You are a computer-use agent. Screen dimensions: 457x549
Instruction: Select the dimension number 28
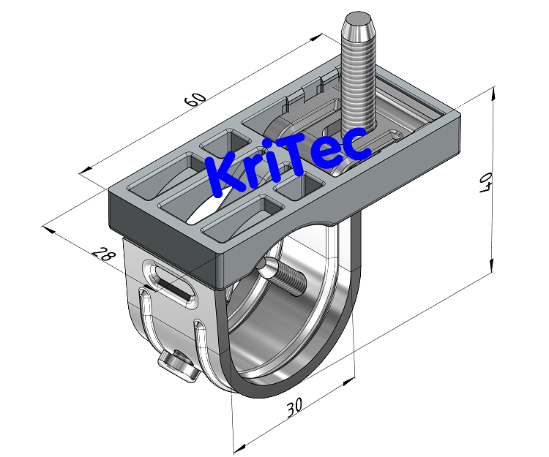pos(105,254)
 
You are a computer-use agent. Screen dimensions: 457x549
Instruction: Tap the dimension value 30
pos(294,407)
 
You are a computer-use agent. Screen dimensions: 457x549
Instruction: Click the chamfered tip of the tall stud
pos(356,22)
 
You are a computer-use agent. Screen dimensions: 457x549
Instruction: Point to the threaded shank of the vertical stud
pos(358,80)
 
